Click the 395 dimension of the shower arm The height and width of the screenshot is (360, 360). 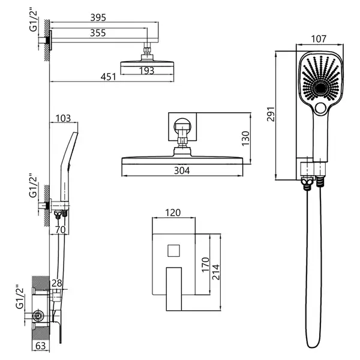point(98,17)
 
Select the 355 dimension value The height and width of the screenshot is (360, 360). point(98,33)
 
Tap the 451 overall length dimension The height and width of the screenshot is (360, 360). point(109,77)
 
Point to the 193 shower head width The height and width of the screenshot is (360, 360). point(147,71)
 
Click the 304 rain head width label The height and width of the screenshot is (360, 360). point(182,170)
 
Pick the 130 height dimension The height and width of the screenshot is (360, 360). point(245,138)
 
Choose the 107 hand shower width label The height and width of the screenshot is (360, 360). point(319,39)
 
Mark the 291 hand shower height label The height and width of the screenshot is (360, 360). point(271,114)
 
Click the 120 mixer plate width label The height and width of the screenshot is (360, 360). point(173,213)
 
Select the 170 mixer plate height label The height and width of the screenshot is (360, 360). point(205,265)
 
